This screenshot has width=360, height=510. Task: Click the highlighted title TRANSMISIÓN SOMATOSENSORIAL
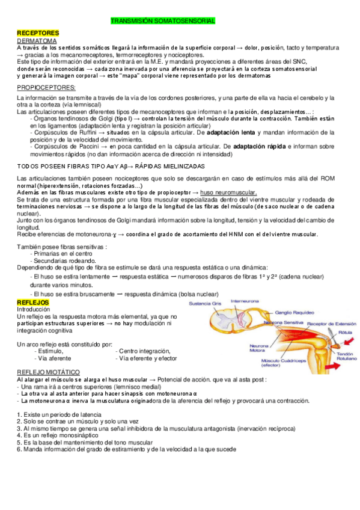pos(163,21)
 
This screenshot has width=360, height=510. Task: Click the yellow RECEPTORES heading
pos(38,32)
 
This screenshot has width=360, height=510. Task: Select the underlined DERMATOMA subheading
pos(37,40)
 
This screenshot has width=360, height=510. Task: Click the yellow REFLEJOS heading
pos(34,302)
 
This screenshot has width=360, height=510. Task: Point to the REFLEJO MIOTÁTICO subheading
pos(54,372)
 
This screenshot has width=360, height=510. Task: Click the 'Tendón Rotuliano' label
pos(345,358)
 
